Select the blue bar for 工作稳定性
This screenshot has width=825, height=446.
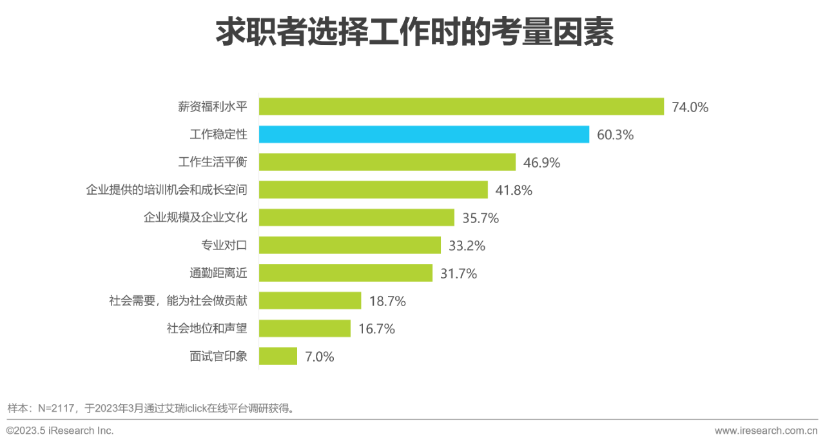[x=424, y=134]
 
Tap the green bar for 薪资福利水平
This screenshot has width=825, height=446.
[x=461, y=106]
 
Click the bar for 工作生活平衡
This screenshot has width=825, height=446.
[x=387, y=162]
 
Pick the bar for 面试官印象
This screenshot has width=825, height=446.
[x=278, y=356]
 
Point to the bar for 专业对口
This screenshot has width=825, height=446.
[x=350, y=245]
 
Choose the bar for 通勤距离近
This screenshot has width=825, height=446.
[x=346, y=273]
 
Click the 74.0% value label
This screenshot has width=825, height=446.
[x=690, y=107]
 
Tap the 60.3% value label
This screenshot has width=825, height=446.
[x=615, y=135]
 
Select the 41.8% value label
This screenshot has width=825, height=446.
[x=514, y=190]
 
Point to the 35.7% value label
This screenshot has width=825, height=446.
[x=480, y=218]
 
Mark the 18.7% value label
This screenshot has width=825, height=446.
[x=387, y=301]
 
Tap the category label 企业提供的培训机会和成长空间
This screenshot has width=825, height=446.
[x=166, y=190]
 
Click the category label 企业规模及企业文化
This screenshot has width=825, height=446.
[x=195, y=218]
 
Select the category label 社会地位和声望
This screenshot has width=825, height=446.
[x=207, y=328]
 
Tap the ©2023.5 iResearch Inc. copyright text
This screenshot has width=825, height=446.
[x=60, y=430]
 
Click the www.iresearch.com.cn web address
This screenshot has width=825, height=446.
[x=766, y=430]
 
